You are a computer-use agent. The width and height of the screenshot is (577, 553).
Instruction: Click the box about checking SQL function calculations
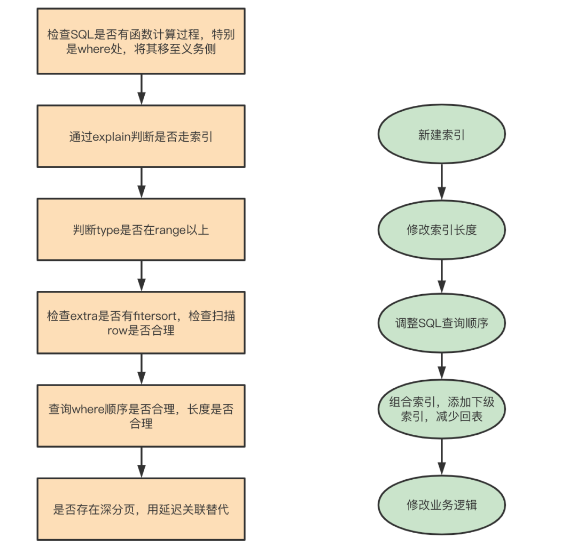[141, 41]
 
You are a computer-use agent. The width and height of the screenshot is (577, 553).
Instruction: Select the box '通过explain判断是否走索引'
[141, 136]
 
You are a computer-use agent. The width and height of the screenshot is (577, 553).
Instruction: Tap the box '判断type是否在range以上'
[141, 229]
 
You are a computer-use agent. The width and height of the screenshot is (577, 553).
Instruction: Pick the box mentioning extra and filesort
[141, 322]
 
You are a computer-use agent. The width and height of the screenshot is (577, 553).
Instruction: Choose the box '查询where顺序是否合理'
[141, 416]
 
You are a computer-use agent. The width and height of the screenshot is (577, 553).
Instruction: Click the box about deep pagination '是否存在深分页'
[141, 509]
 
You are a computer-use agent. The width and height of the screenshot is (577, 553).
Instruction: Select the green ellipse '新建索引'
[442, 134]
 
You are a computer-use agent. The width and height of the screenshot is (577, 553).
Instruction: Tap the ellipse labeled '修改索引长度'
[442, 230]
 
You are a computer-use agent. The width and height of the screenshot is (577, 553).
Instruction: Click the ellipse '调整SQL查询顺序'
[442, 323]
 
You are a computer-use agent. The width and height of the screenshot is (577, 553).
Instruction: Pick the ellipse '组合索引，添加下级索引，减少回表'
[442, 409]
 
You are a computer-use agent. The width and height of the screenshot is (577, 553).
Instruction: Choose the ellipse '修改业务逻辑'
[442, 505]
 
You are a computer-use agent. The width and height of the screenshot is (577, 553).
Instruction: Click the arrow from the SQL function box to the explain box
[141, 89]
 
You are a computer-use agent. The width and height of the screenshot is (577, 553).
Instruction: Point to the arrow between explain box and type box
[141, 183]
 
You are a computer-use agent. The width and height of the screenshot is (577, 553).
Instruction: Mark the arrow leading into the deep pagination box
[141, 463]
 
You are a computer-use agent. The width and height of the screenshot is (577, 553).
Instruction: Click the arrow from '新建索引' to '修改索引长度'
[442, 182]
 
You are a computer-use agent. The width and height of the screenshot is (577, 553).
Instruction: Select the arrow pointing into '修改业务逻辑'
[442, 457]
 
